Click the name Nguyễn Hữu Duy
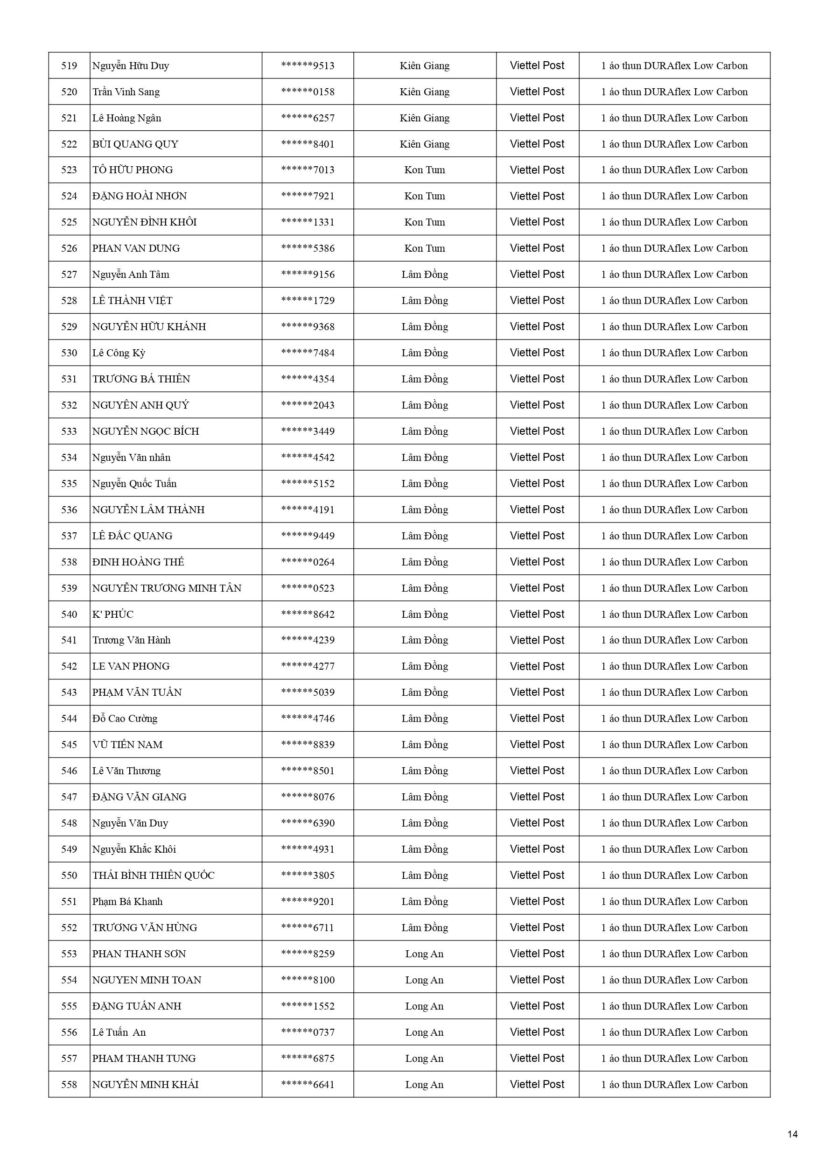click(130, 66)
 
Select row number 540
click(69, 615)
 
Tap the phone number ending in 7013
click(308, 170)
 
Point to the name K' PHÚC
click(112, 615)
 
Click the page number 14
click(792, 1134)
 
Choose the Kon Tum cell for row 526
click(424, 248)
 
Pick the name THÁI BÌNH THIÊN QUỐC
click(153, 875)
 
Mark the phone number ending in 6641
click(308, 1084)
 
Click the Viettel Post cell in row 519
click(537, 66)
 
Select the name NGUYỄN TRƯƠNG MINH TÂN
click(167, 588)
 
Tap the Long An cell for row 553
click(424, 954)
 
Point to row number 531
click(69, 379)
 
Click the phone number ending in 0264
click(308, 562)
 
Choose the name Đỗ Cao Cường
click(125, 718)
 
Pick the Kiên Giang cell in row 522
click(424, 144)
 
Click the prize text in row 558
click(674, 1084)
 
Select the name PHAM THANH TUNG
click(144, 1059)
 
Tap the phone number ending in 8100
click(308, 980)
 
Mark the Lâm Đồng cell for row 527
click(424, 275)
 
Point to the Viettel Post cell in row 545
click(537, 744)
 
